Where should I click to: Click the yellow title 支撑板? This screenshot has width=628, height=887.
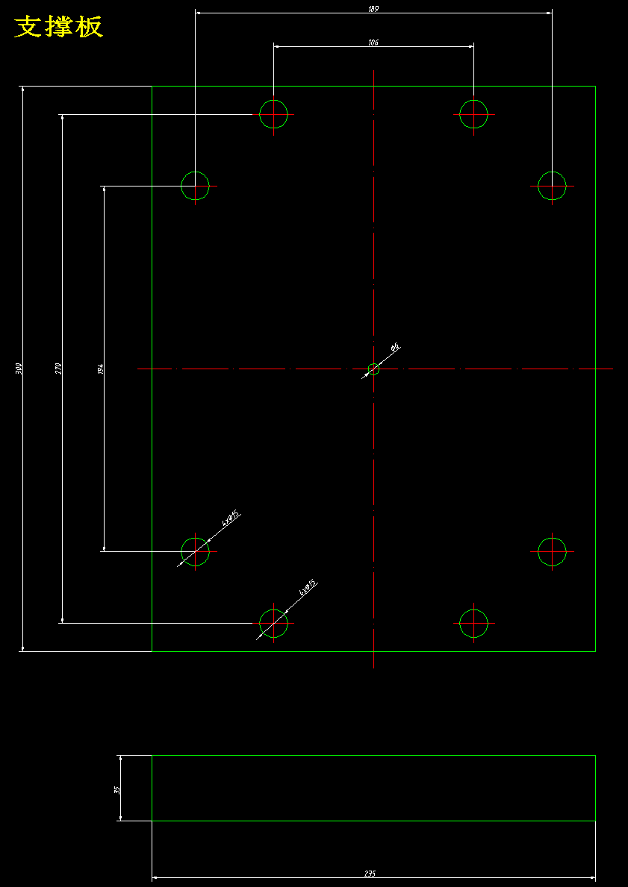click(x=59, y=27)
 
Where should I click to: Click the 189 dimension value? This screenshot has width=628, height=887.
click(x=373, y=8)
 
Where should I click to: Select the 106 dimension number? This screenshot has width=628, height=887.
click(x=373, y=43)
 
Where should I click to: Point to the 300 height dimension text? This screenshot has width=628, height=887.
click(x=19, y=369)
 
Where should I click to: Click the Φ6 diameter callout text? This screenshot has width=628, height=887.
click(x=396, y=347)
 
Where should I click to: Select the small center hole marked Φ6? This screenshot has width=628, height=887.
click(x=373, y=369)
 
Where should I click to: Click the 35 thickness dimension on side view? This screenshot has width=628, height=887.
click(x=116, y=789)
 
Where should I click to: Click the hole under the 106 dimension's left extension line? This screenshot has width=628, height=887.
click(x=273, y=114)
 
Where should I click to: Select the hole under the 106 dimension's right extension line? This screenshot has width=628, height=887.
click(x=473, y=114)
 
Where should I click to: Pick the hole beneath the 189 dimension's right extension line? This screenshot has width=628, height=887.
click(x=552, y=186)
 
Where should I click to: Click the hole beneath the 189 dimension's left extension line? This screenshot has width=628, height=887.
click(x=195, y=186)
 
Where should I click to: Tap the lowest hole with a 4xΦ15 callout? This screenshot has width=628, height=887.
click(x=273, y=623)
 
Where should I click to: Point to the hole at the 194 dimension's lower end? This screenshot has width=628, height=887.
click(x=195, y=552)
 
